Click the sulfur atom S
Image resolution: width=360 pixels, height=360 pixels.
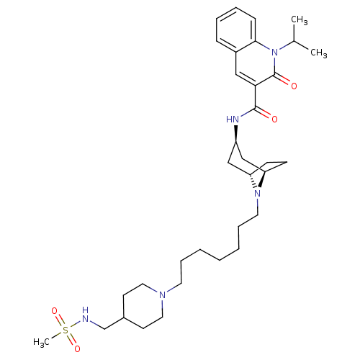66,330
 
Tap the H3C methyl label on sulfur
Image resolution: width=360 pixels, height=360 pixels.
41,342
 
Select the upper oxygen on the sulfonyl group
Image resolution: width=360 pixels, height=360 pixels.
55,311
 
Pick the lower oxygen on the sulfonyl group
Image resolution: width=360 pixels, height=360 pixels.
77,348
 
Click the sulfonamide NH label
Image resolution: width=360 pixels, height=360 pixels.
85,315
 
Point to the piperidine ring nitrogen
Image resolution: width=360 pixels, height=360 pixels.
163,295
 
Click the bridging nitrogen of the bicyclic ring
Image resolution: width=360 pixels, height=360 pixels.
258,193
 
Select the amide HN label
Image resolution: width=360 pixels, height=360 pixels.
233,119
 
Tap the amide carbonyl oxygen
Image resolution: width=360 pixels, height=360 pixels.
274,119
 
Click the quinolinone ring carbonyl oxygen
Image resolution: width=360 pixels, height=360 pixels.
294,86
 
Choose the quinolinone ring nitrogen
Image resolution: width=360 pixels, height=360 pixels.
275,52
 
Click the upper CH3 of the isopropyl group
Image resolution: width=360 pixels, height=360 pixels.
300,20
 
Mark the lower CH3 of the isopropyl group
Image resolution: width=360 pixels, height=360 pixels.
319,53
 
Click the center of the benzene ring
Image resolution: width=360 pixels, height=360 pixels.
235,30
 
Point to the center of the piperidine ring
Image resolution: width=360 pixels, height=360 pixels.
143,306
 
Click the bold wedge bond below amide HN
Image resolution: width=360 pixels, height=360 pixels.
236,134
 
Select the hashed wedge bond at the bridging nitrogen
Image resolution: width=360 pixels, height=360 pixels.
253,181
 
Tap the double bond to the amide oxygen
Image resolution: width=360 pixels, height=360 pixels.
264,112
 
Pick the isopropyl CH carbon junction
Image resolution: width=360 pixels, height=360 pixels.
294,41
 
